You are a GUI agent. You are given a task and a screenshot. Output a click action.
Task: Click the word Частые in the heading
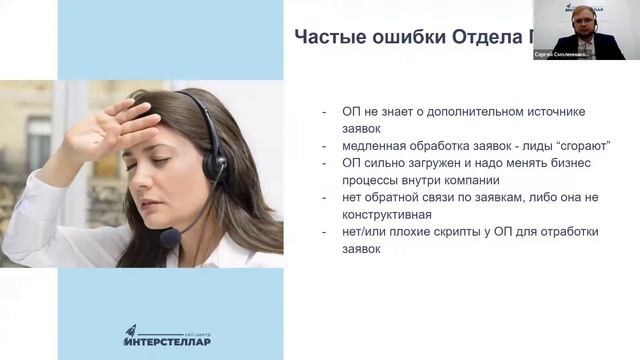coord(327,38)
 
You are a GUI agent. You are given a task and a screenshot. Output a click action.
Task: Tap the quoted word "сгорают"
coord(582,145)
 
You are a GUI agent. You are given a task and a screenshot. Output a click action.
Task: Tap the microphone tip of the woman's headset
coord(169,238)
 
